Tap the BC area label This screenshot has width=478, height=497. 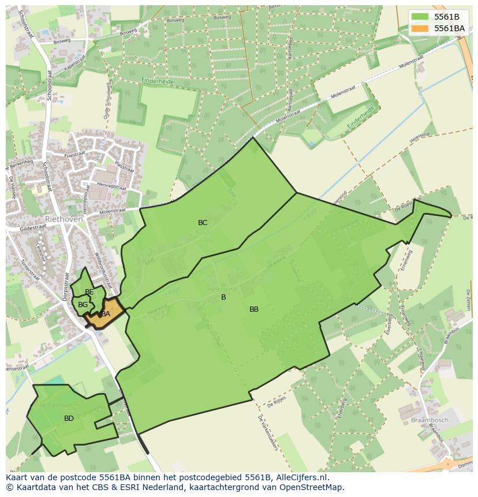tap(203, 223)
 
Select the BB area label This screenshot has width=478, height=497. tap(254, 309)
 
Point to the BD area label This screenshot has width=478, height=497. tap(69, 418)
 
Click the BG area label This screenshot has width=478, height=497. tap(83, 305)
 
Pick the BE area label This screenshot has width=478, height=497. tap(89, 292)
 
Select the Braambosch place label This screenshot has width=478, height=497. tap(429, 420)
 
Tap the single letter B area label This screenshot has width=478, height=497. tap(223, 297)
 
